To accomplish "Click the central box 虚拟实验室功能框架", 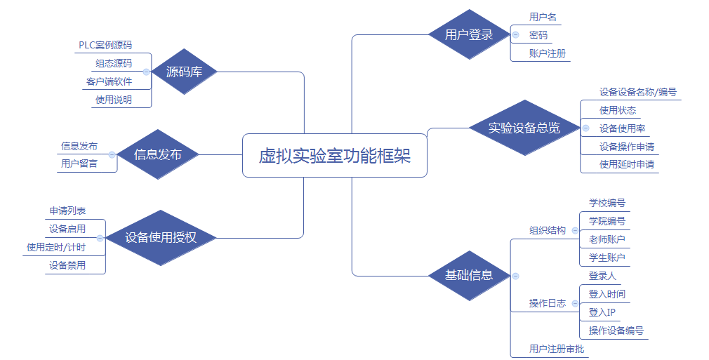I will tap(334, 156).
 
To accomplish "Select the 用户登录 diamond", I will tap(469, 34).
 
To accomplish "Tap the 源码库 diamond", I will tap(184, 72).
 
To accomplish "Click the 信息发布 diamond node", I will tap(157, 154).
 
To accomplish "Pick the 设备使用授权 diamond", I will tap(161, 238).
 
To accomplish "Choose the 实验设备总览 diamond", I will tap(524, 128).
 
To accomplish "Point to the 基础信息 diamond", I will tap(469, 275).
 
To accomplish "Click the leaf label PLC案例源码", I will tap(105, 45).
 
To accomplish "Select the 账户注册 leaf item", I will tap(548, 53).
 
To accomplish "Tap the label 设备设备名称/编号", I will tap(637, 92).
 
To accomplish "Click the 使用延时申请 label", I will tap(627, 164).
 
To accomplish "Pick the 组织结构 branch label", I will tap(547, 230).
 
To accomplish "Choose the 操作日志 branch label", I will tap(547, 303).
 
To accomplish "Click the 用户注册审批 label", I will tap(557, 349).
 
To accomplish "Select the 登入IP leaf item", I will tap(602, 312).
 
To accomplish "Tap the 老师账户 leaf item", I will tap(607, 239).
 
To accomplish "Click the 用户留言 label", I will tap(79, 164).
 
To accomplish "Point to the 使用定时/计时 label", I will tap(56, 247).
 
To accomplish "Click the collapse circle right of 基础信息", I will tap(515, 276).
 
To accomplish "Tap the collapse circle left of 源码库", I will tap(146, 72).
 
